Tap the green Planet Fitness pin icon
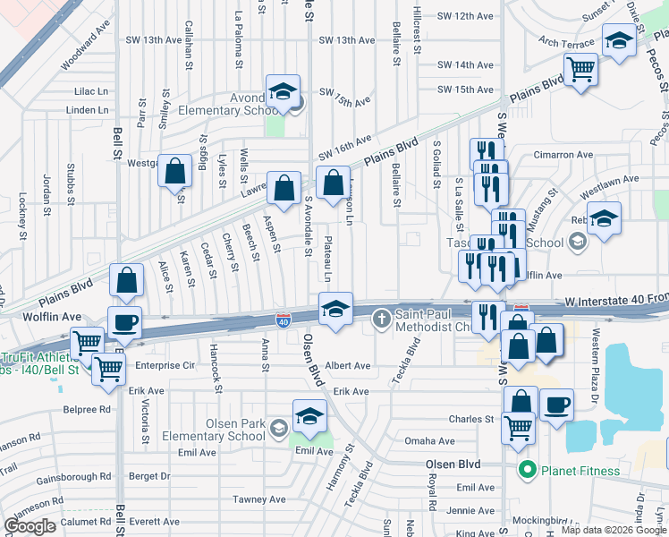(528, 469)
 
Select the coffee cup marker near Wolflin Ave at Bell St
(124, 321)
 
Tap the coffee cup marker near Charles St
(557, 405)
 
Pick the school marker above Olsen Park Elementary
(309, 417)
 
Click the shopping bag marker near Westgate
(174, 169)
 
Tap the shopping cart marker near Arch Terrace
(581, 68)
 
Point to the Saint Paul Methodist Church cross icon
(381, 317)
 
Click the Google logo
(30, 525)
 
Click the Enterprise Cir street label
(165, 365)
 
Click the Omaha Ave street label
(429, 441)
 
